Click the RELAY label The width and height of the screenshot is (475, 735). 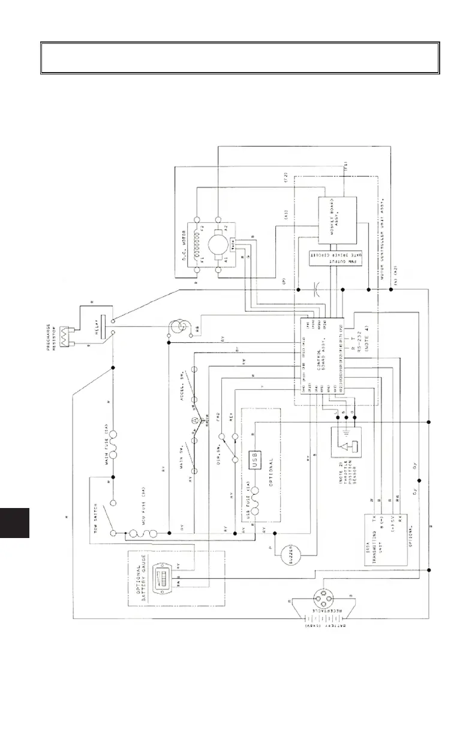coord(86,328)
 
